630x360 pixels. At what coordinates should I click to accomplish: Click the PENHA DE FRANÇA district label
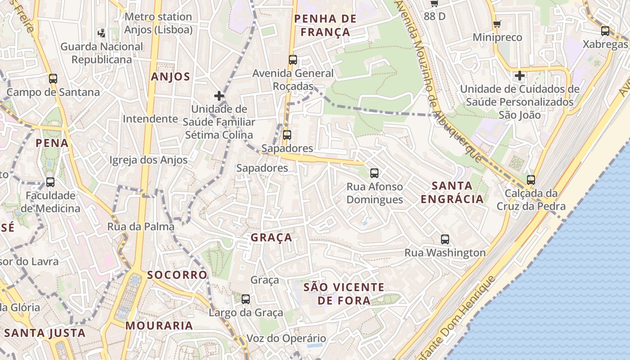[x=325, y=25]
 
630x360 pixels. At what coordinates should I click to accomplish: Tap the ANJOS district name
[x=171, y=76]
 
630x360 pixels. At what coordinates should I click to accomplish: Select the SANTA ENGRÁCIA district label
[x=452, y=192]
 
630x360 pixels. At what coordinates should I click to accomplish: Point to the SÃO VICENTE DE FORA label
[x=344, y=293]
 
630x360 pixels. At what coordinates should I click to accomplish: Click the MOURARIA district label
[x=159, y=325]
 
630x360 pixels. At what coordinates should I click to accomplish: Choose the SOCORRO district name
[x=177, y=274]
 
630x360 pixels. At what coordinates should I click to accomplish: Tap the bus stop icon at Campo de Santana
[x=53, y=79]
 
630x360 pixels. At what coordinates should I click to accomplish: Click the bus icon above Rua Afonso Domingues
[x=374, y=173]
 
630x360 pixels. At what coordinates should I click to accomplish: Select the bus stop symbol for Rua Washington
[x=445, y=239]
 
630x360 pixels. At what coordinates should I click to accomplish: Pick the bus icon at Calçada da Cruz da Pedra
[x=531, y=180]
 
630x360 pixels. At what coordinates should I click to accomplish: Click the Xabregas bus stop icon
[x=605, y=31]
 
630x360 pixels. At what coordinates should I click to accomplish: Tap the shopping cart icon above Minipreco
[x=497, y=24]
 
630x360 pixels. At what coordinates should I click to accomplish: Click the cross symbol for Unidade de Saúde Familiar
[x=219, y=96]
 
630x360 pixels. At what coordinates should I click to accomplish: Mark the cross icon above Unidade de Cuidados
[x=520, y=76]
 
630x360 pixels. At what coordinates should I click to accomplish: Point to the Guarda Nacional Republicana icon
[x=102, y=32]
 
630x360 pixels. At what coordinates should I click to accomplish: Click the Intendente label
[x=150, y=119]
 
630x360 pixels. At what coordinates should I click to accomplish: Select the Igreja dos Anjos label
[x=148, y=160]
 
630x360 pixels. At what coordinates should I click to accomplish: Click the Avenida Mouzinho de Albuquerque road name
[x=439, y=81]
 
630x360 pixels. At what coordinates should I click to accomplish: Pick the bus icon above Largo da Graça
[x=246, y=299]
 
